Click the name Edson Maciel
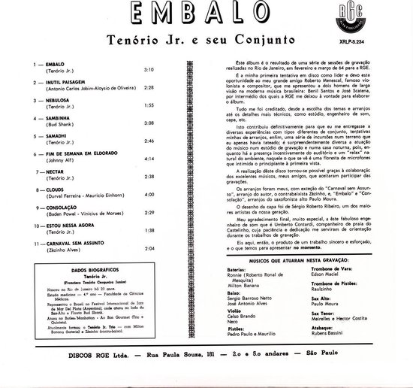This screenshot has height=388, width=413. point(356,293)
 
